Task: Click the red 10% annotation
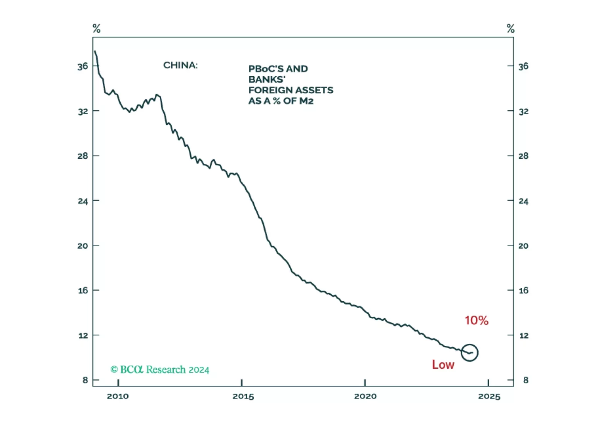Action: pyautogui.click(x=476, y=320)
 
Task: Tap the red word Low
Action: pyautogui.click(x=443, y=364)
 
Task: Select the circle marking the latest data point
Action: pyautogui.click(x=470, y=352)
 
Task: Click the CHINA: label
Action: pyautogui.click(x=180, y=65)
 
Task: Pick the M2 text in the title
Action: pyautogui.click(x=306, y=101)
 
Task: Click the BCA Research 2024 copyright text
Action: pyautogui.click(x=160, y=370)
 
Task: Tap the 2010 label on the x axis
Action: pyautogui.click(x=118, y=396)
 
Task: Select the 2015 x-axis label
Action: pyautogui.click(x=243, y=396)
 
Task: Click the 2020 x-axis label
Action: pyautogui.click(x=365, y=396)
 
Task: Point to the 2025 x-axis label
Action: pyautogui.click(x=489, y=396)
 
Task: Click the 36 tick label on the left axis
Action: pyautogui.click(x=83, y=67)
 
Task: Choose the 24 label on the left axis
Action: pyautogui.click(x=83, y=201)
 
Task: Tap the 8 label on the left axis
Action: pyautogui.click(x=85, y=380)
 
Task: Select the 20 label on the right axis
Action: pyautogui.click(x=523, y=246)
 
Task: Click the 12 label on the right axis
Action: pyautogui.click(x=523, y=335)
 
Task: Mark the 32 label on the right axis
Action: pyautogui.click(x=523, y=112)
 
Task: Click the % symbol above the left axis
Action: pyautogui.click(x=96, y=29)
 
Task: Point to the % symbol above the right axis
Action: pyautogui.click(x=511, y=29)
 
